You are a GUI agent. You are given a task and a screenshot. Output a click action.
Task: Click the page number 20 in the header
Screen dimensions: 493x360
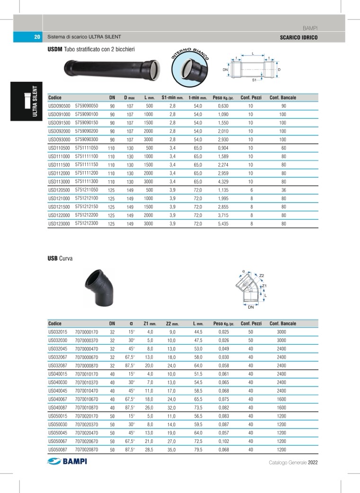[x=37, y=37]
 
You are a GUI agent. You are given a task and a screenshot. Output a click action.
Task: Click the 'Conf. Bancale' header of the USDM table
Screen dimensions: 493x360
[x=283, y=98]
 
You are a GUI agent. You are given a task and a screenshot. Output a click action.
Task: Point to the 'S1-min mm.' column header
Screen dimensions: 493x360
[x=172, y=98]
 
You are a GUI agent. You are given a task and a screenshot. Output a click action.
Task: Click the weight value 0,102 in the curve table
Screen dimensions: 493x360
[x=224, y=441]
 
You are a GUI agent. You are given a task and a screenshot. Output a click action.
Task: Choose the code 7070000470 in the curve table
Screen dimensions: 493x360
[x=86, y=349]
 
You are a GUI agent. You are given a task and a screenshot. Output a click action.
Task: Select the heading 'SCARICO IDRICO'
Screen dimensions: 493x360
[x=298, y=37]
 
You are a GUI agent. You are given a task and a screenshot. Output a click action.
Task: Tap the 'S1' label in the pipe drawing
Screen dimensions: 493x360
[x=254, y=81]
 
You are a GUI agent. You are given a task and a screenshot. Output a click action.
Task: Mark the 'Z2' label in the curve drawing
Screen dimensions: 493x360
[x=261, y=275]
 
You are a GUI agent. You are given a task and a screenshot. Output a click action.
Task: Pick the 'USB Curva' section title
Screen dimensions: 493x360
[x=60, y=259]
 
